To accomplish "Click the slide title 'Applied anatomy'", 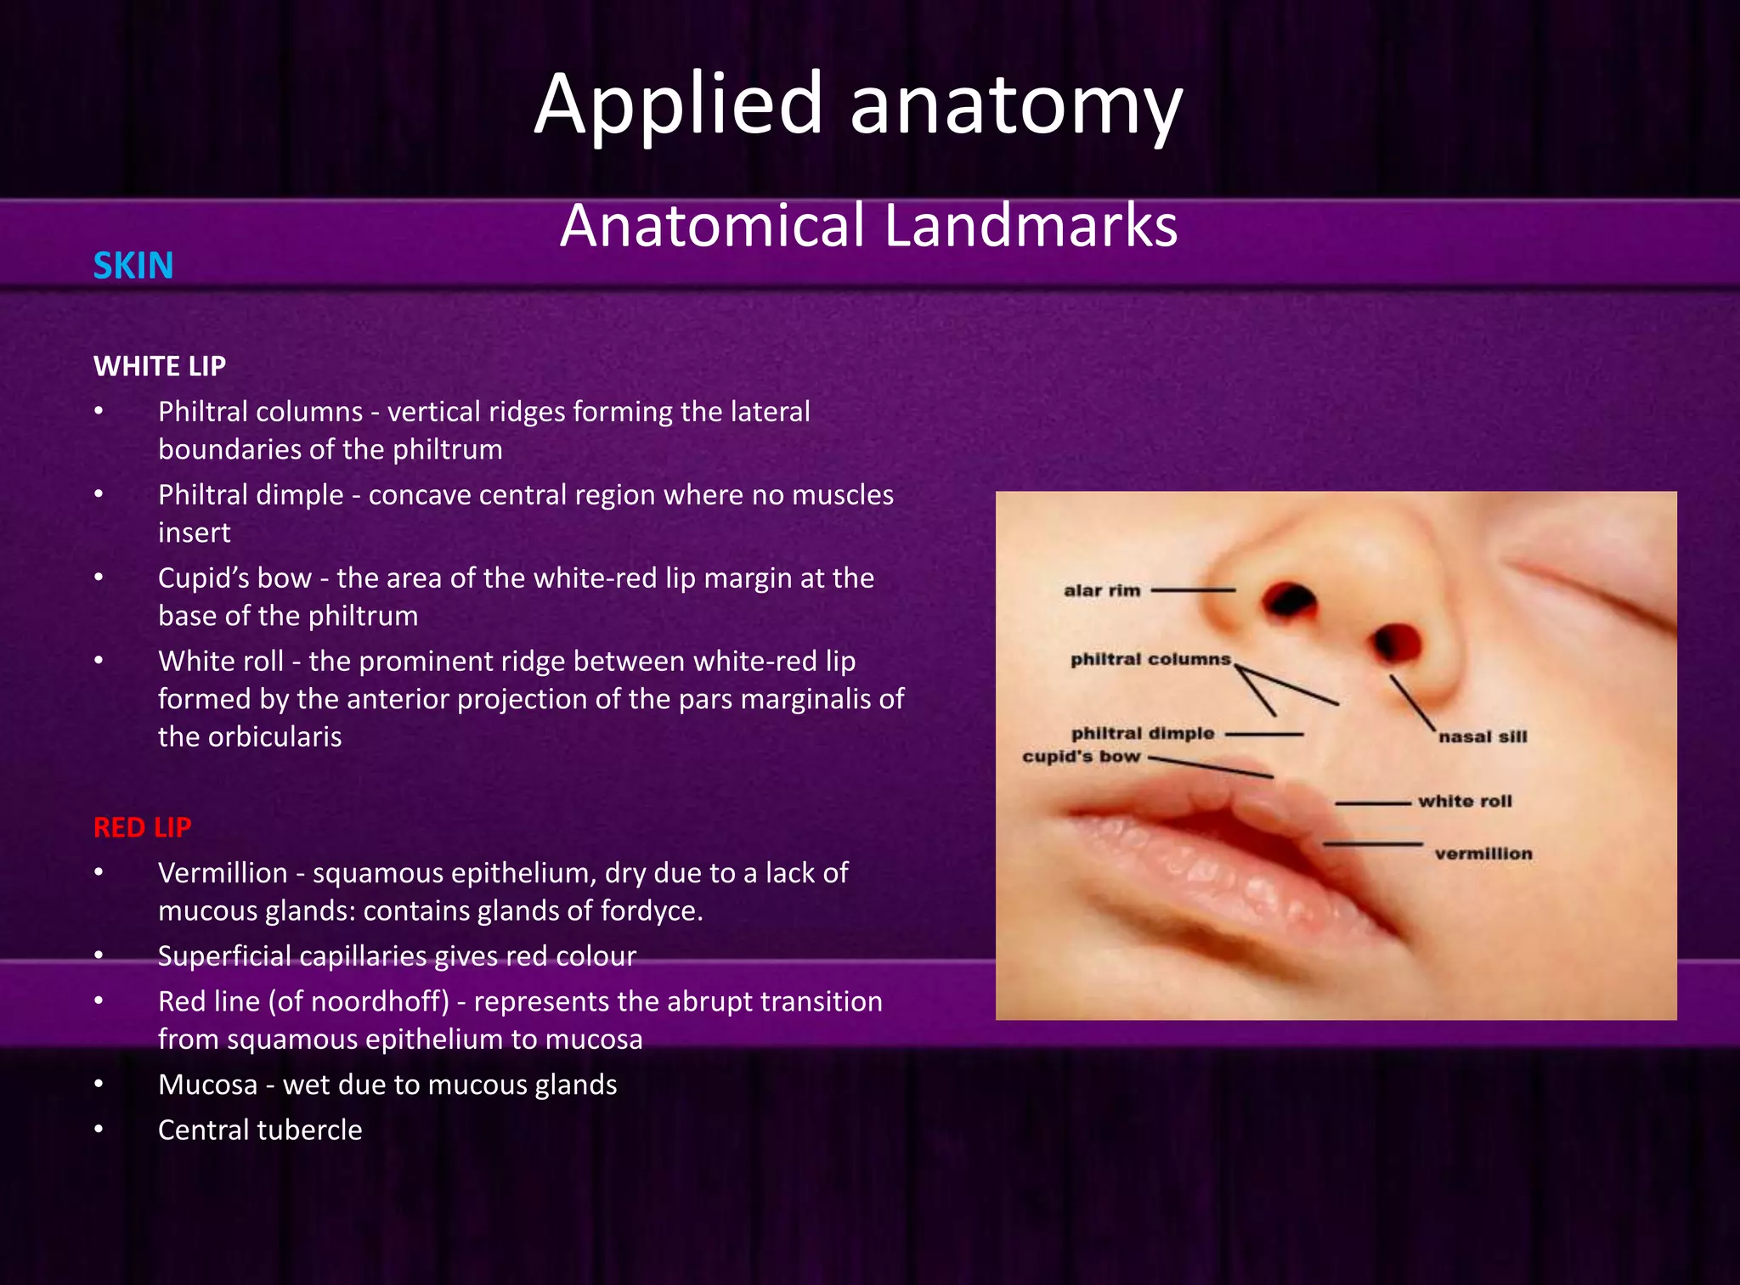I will [x=858, y=104].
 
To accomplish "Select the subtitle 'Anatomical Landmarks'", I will [x=868, y=226].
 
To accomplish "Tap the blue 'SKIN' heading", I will [x=133, y=266].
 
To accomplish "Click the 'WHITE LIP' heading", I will [x=160, y=366].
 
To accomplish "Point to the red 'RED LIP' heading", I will [x=143, y=827].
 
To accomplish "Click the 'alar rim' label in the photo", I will [x=1102, y=590].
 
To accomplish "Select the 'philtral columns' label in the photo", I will [x=1150, y=659].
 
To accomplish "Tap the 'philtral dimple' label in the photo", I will [x=1143, y=733].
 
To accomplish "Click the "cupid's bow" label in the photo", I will [x=1081, y=756].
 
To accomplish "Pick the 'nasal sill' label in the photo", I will [x=1483, y=736].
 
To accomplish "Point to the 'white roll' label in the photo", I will [x=1465, y=801].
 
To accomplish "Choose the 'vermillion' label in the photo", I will [x=1483, y=854].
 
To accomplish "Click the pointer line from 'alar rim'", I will [x=1193, y=589].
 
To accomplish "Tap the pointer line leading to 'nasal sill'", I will [x=1412, y=703].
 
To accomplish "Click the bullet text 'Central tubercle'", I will [x=260, y=1130].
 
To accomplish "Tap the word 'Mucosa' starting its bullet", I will [x=207, y=1085].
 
